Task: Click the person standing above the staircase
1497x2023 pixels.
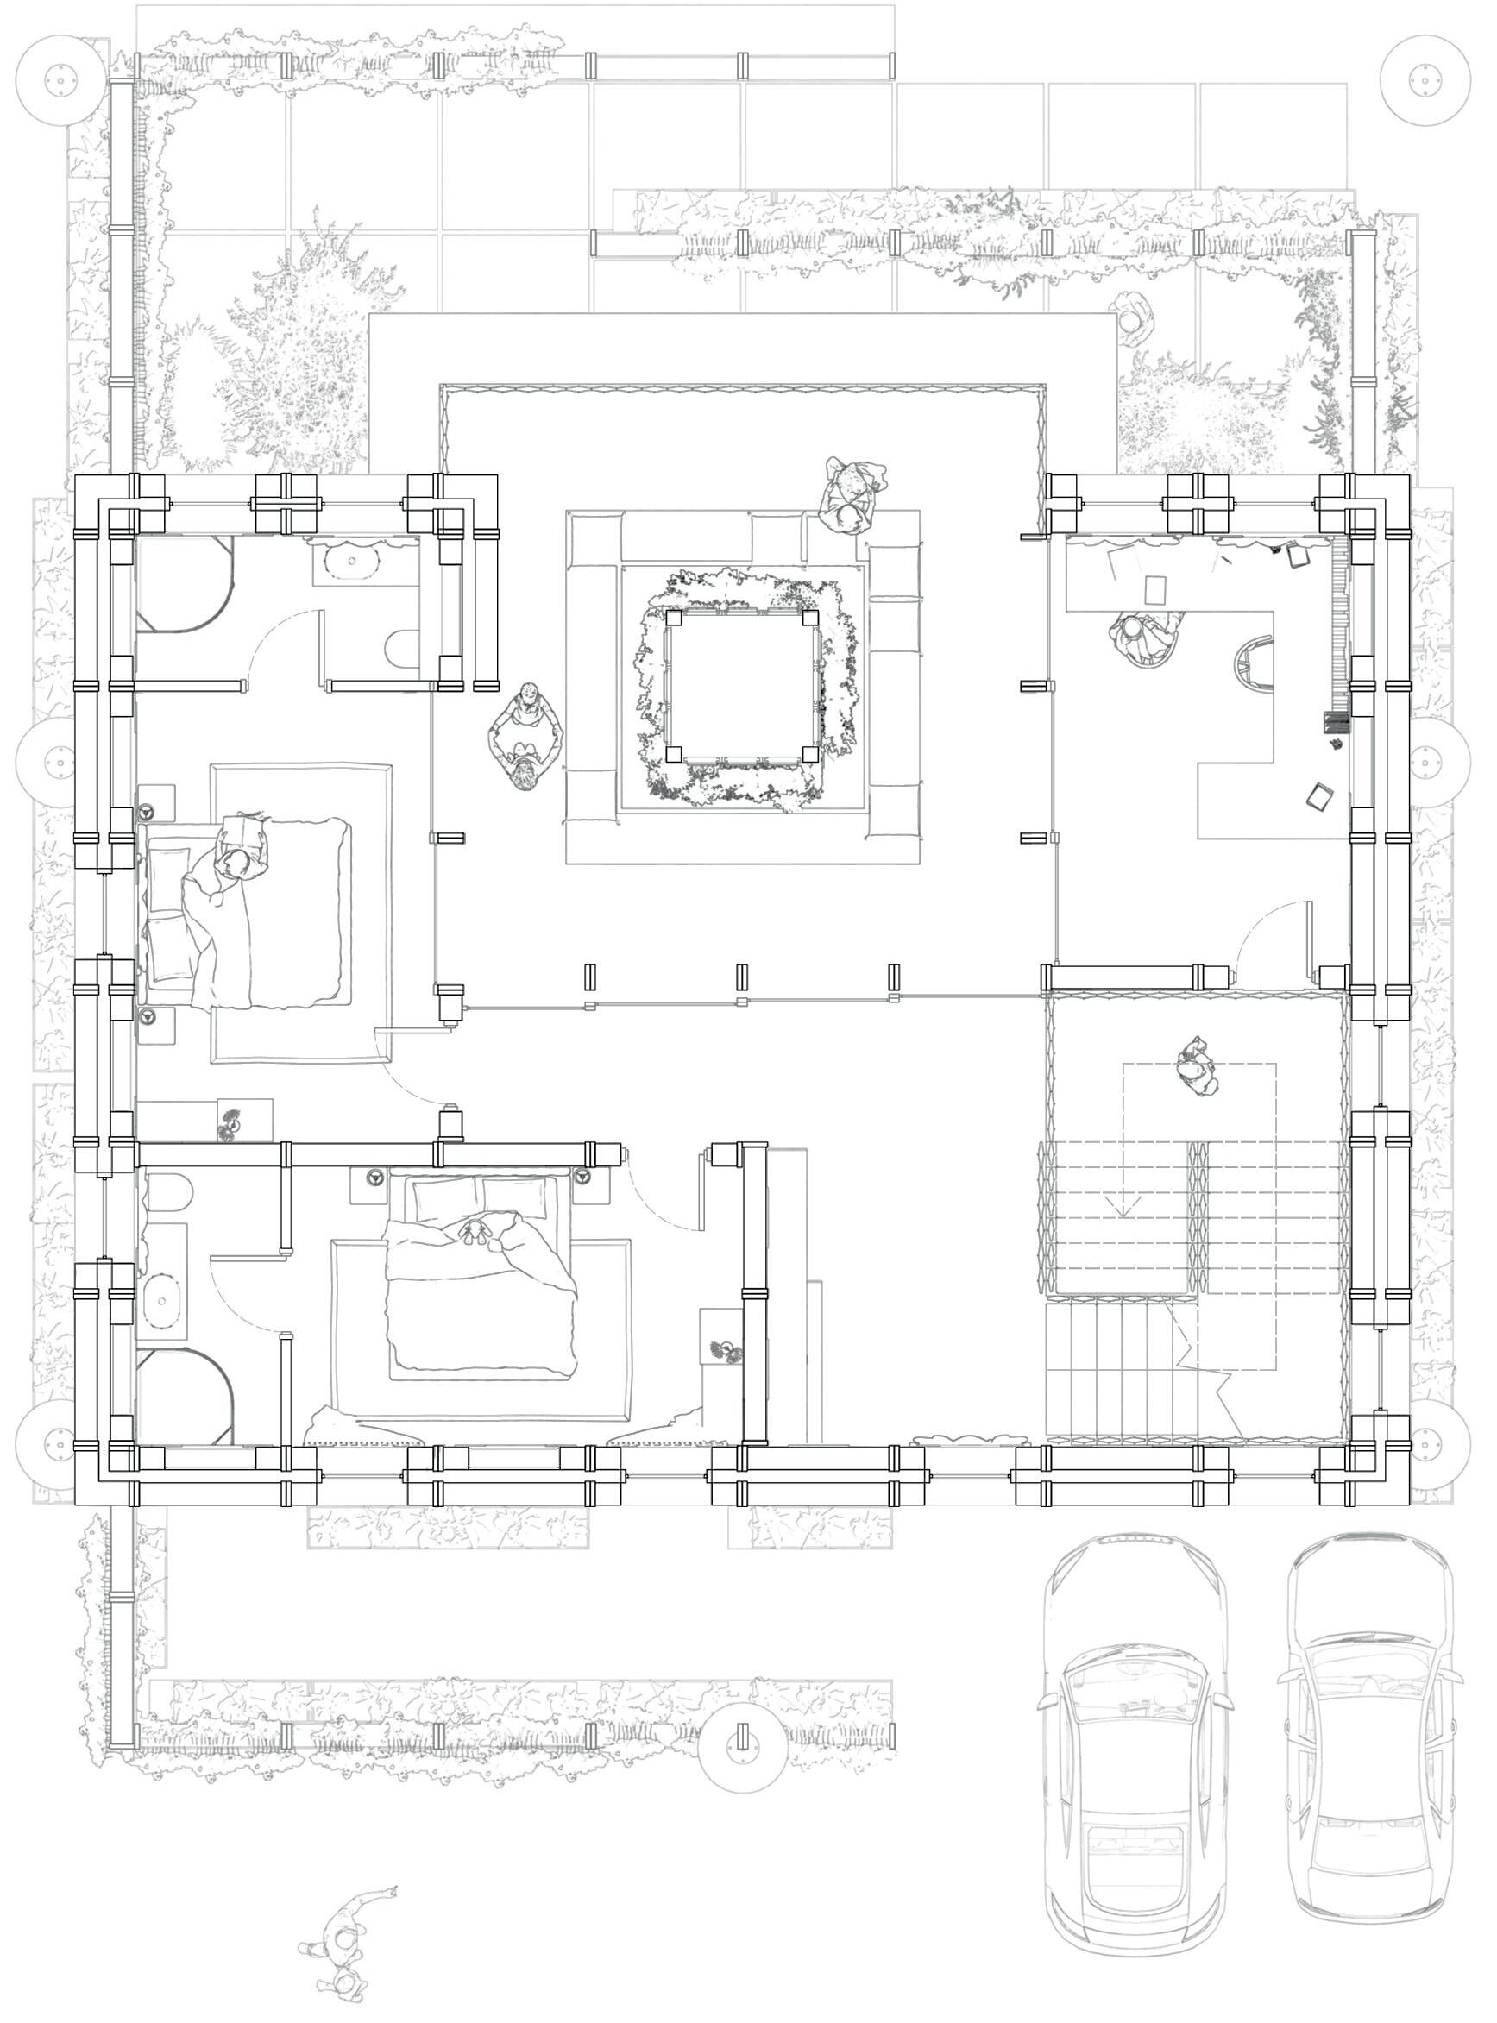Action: [x=1197, y=1068]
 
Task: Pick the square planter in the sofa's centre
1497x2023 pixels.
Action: [x=741, y=686]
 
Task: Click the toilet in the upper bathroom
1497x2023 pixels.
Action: [x=402, y=649]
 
